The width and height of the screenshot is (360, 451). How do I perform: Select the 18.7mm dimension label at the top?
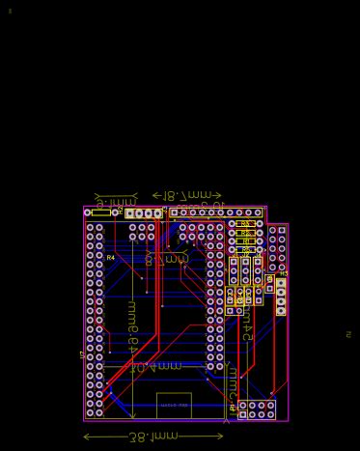(x=187, y=195)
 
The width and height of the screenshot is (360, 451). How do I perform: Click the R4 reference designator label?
(x=110, y=258)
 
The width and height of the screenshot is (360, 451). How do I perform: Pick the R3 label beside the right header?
(x=284, y=274)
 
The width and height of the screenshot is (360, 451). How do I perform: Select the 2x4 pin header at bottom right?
(x=257, y=409)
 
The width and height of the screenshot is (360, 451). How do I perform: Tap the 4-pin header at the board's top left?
(x=144, y=213)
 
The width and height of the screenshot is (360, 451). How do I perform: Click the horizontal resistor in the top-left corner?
(x=100, y=212)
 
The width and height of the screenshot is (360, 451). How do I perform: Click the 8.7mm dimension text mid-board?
(x=166, y=260)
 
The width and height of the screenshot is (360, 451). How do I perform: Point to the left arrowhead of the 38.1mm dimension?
(x=87, y=437)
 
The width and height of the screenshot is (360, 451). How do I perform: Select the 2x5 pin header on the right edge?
(x=277, y=248)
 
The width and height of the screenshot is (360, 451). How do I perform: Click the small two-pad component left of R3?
(x=269, y=284)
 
